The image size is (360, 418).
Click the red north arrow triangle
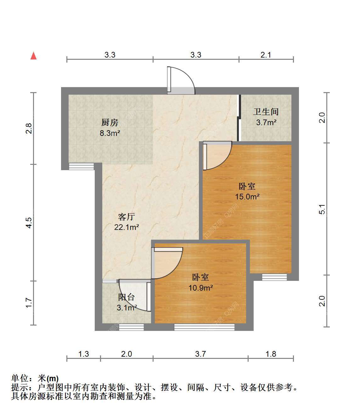pos(33,56)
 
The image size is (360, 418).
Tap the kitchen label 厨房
pos(110,123)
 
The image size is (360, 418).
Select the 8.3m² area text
pos(110,133)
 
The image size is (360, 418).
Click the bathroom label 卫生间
pos(266,112)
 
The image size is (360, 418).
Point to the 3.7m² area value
pos(266,122)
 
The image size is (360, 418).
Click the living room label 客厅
pos(127,217)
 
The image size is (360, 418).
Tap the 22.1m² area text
pos(127,227)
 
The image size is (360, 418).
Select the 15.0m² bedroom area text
pos(247,197)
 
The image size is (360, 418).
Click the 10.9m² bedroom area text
pos(201,287)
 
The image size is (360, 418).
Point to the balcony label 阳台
pos(127,297)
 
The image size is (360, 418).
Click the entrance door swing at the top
pos(181,81)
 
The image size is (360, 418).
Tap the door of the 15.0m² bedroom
pos(217,155)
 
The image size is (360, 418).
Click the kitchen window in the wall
pos(82,167)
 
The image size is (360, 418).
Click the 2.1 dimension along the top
pos(266,55)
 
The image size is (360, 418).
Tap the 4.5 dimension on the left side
pos(29,223)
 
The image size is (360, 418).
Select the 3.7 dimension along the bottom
pos(200,354)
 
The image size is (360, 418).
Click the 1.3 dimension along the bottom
pos(84,354)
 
